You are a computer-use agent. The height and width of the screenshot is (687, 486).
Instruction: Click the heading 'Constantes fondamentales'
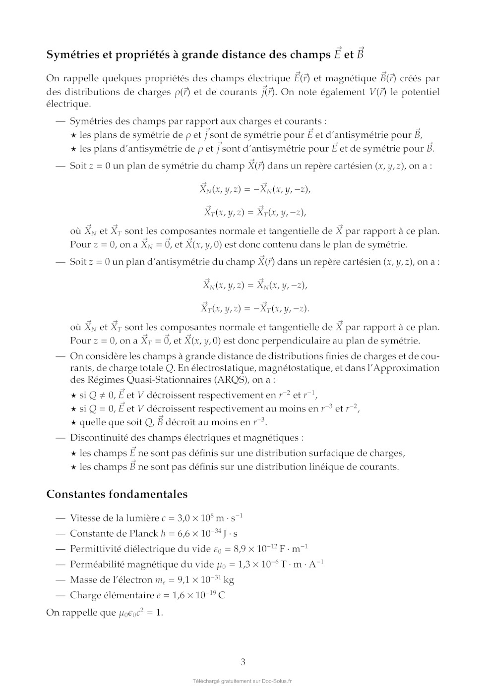click(x=117, y=494)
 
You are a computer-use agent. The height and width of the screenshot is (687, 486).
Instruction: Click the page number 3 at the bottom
click(x=243, y=662)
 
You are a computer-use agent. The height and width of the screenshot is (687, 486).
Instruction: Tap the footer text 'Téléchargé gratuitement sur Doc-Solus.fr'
click(x=243, y=681)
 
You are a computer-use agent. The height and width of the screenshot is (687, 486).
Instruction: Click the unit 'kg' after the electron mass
click(x=229, y=580)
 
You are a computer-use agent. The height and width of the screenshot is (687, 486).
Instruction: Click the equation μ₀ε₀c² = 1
click(x=141, y=613)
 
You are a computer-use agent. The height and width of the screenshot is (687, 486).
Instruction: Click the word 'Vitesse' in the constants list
click(x=85, y=518)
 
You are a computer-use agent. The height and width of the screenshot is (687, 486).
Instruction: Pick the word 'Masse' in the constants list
click(x=83, y=580)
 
